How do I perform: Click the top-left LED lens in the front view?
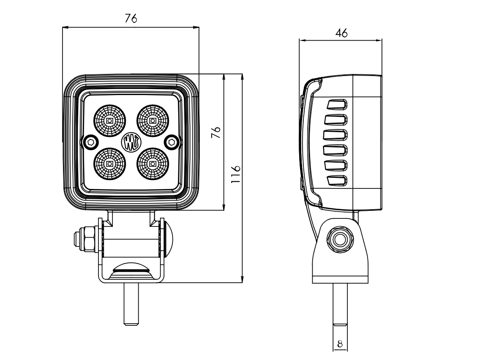109,121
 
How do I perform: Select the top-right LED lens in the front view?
153,121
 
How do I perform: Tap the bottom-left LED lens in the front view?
109,163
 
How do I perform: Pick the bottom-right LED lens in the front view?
153,163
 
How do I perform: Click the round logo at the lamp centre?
131,142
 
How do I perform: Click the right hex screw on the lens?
172,142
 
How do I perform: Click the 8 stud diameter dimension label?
340,344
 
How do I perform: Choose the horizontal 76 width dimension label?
131,19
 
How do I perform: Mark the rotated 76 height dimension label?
216,132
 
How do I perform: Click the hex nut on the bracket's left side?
87,239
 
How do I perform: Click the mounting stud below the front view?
131,304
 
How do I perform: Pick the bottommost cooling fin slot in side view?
337,180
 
